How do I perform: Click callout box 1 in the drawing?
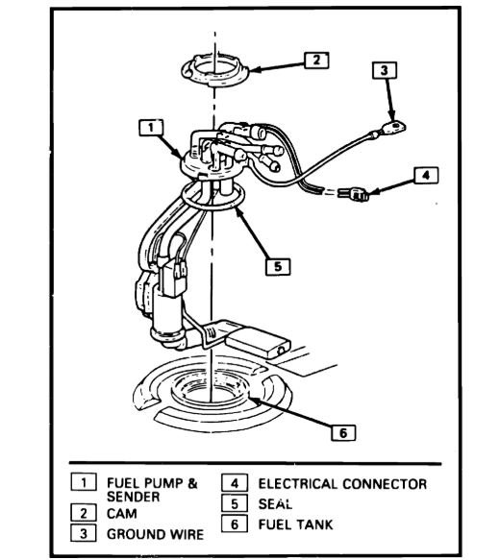(x=147, y=126)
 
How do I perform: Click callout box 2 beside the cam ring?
(x=315, y=60)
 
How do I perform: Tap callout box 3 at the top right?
(x=384, y=70)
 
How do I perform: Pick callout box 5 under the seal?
(x=277, y=267)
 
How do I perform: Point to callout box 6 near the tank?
(x=342, y=431)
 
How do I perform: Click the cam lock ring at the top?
(x=213, y=71)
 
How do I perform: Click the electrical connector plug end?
(x=361, y=197)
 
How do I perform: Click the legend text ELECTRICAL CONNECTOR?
(x=341, y=484)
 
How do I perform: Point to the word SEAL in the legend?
(x=275, y=503)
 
